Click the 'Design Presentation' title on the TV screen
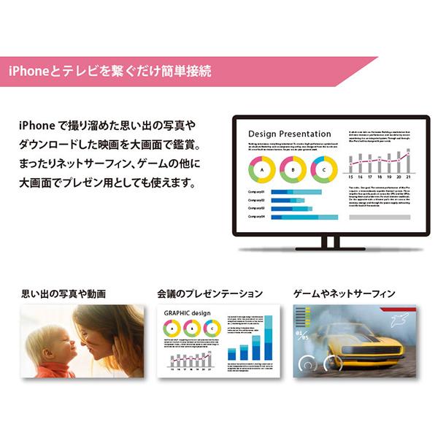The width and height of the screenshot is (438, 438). click(x=289, y=134)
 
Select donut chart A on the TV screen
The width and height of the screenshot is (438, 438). click(x=261, y=170)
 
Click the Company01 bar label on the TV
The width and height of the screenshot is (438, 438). click(x=256, y=193)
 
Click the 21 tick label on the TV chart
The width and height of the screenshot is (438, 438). click(x=409, y=176)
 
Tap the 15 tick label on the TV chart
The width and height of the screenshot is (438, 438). click(x=350, y=176)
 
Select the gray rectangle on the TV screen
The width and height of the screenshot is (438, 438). click(x=379, y=217)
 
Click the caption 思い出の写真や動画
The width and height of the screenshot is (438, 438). click(x=64, y=295)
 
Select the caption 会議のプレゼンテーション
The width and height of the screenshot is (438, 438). click(x=210, y=295)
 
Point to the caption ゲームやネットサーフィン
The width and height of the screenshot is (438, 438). click(x=344, y=295)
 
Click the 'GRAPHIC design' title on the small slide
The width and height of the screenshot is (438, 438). click(x=188, y=314)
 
